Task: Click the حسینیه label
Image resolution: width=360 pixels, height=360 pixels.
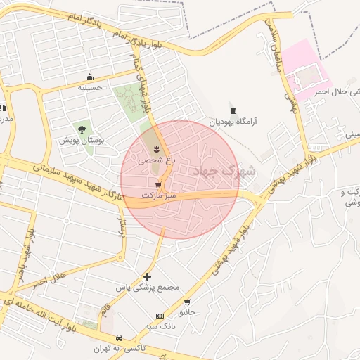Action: click(90, 88)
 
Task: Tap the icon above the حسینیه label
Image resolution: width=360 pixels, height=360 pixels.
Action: click(89, 77)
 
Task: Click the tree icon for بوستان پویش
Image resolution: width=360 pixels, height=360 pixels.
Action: click(83, 129)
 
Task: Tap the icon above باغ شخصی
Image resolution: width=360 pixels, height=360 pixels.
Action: click(155, 148)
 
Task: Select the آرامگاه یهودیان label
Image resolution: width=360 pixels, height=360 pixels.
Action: click(233, 122)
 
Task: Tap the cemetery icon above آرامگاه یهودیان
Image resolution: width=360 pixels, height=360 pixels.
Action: click(233, 110)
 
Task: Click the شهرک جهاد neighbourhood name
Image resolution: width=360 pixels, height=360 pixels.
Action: click(229, 170)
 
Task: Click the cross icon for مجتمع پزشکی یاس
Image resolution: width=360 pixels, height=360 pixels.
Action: click(146, 276)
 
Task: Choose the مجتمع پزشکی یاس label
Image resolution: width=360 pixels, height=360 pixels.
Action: click(148, 288)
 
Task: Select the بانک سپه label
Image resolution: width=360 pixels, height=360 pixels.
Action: click(160, 327)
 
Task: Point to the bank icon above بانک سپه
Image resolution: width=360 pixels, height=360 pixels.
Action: click(160, 316)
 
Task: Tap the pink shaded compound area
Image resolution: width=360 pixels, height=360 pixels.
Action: click(307, 70)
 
